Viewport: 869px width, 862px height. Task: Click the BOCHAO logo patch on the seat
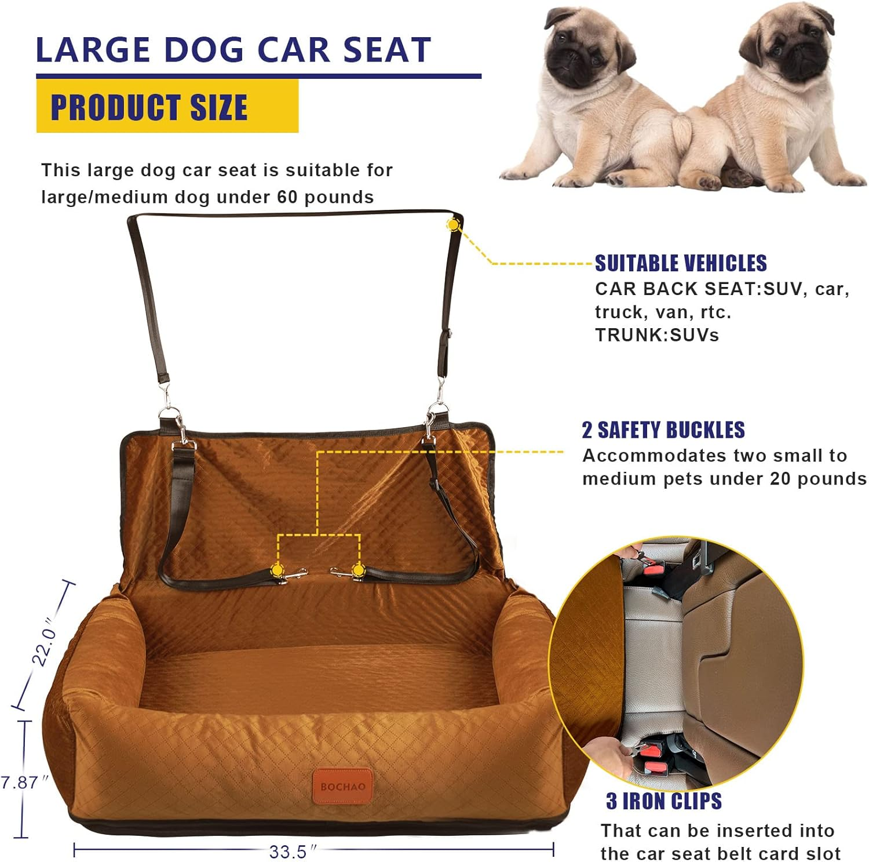[x=343, y=787]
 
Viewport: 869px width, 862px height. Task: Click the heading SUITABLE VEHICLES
[x=681, y=263]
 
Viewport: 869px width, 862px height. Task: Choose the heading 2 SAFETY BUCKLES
[x=663, y=430]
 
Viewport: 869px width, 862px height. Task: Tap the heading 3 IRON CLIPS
[x=664, y=801]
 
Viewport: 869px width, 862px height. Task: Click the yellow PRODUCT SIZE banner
[x=167, y=107]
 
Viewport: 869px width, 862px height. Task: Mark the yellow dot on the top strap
[x=453, y=224]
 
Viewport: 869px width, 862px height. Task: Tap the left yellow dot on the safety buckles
[x=277, y=571]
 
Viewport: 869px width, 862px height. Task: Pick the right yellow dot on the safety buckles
[x=359, y=570]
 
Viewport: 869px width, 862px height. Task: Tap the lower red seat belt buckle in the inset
[x=652, y=752]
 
